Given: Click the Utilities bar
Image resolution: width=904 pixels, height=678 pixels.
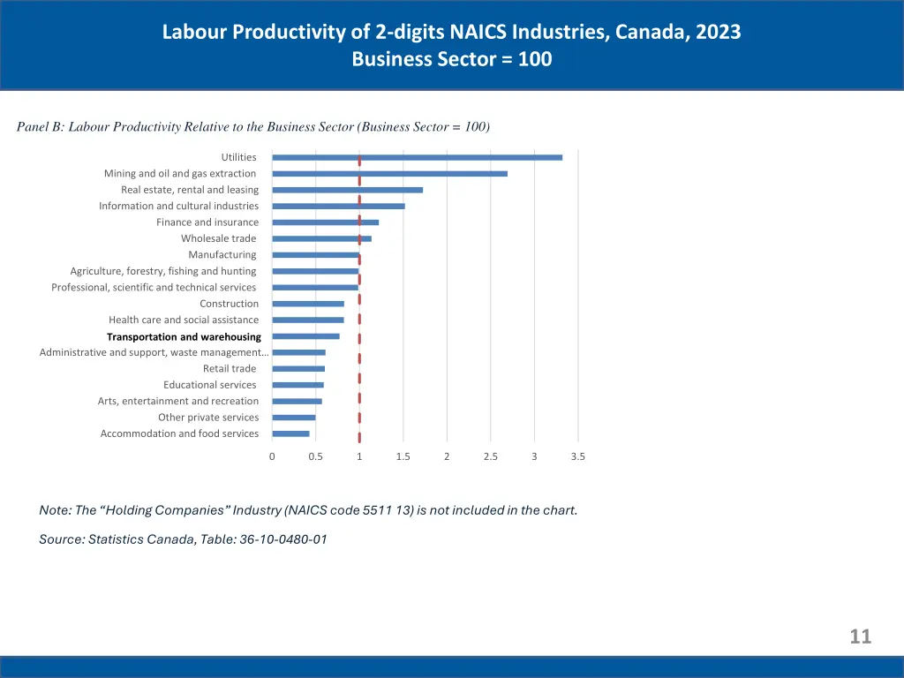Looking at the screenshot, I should pyautogui.click(x=417, y=157).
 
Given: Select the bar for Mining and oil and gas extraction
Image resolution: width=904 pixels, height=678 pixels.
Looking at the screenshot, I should pyautogui.click(x=389, y=174).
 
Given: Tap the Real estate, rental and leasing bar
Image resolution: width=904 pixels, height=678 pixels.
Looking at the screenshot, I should pyautogui.click(x=347, y=190).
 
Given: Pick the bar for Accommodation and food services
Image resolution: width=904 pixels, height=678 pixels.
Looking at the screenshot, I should pyautogui.click(x=290, y=433).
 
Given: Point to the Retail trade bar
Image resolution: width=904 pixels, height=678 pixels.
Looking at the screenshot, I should pyautogui.click(x=298, y=369).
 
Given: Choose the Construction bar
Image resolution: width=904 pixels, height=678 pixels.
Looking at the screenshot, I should pyautogui.click(x=308, y=304).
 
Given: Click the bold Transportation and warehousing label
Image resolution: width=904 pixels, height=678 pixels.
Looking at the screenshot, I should pyautogui.click(x=184, y=336).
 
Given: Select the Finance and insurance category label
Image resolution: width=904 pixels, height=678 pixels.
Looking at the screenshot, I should pyautogui.click(x=207, y=222).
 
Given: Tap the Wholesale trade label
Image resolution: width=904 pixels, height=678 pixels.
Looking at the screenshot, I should pyautogui.click(x=219, y=238).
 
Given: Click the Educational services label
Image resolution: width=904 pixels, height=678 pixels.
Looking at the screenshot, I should pyautogui.click(x=210, y=385).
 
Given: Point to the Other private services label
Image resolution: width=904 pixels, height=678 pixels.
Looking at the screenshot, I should pyautogui.click(x=208, y=418).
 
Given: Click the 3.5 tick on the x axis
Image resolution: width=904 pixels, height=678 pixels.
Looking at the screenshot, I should pyautogui.click(x=577, y=456).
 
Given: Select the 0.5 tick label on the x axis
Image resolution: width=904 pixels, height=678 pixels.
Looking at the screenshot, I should pyautogui.click(x=315, y=456).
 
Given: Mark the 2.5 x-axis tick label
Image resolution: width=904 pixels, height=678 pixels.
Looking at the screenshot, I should pyautogui.click(x=490, y=456).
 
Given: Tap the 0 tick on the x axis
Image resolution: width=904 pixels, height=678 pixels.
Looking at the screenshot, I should pyautogui.click(x=272, y=456).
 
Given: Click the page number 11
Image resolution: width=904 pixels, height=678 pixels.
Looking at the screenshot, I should pyautogui.click(x=860, y=637).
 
